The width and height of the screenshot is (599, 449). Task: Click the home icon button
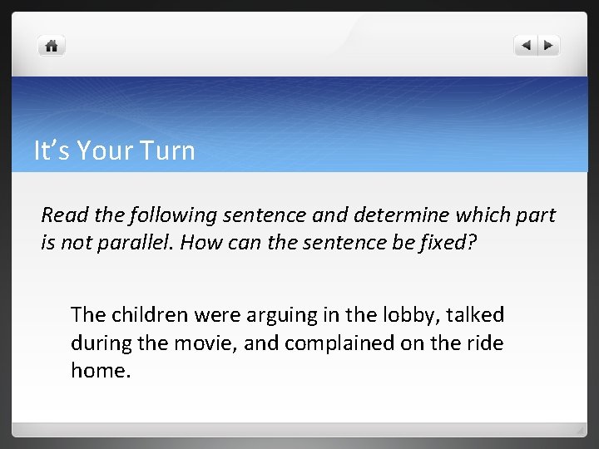52,46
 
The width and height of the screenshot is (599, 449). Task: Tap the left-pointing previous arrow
526,46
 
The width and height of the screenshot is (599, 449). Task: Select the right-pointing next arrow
548,46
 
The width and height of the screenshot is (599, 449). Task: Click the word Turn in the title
170,151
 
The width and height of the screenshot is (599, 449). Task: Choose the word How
198,243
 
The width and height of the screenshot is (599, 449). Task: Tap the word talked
476,315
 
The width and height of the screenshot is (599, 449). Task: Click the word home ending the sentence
98,370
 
